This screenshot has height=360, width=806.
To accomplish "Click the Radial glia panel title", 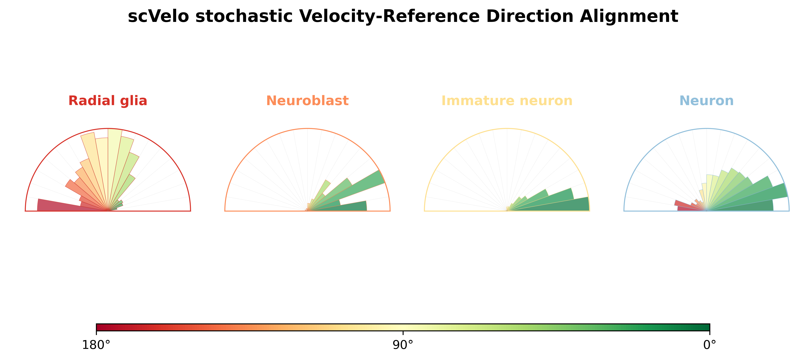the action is [108, 101].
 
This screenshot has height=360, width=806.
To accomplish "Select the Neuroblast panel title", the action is [307, 101].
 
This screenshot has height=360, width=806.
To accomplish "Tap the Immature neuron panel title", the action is [507, 101].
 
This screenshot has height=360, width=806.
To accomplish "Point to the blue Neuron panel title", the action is [707, 101].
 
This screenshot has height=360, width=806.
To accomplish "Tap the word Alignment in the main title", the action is [629, 17].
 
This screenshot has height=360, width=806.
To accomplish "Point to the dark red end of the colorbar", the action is [98, 327].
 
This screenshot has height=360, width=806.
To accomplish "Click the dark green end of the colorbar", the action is [708, 327].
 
